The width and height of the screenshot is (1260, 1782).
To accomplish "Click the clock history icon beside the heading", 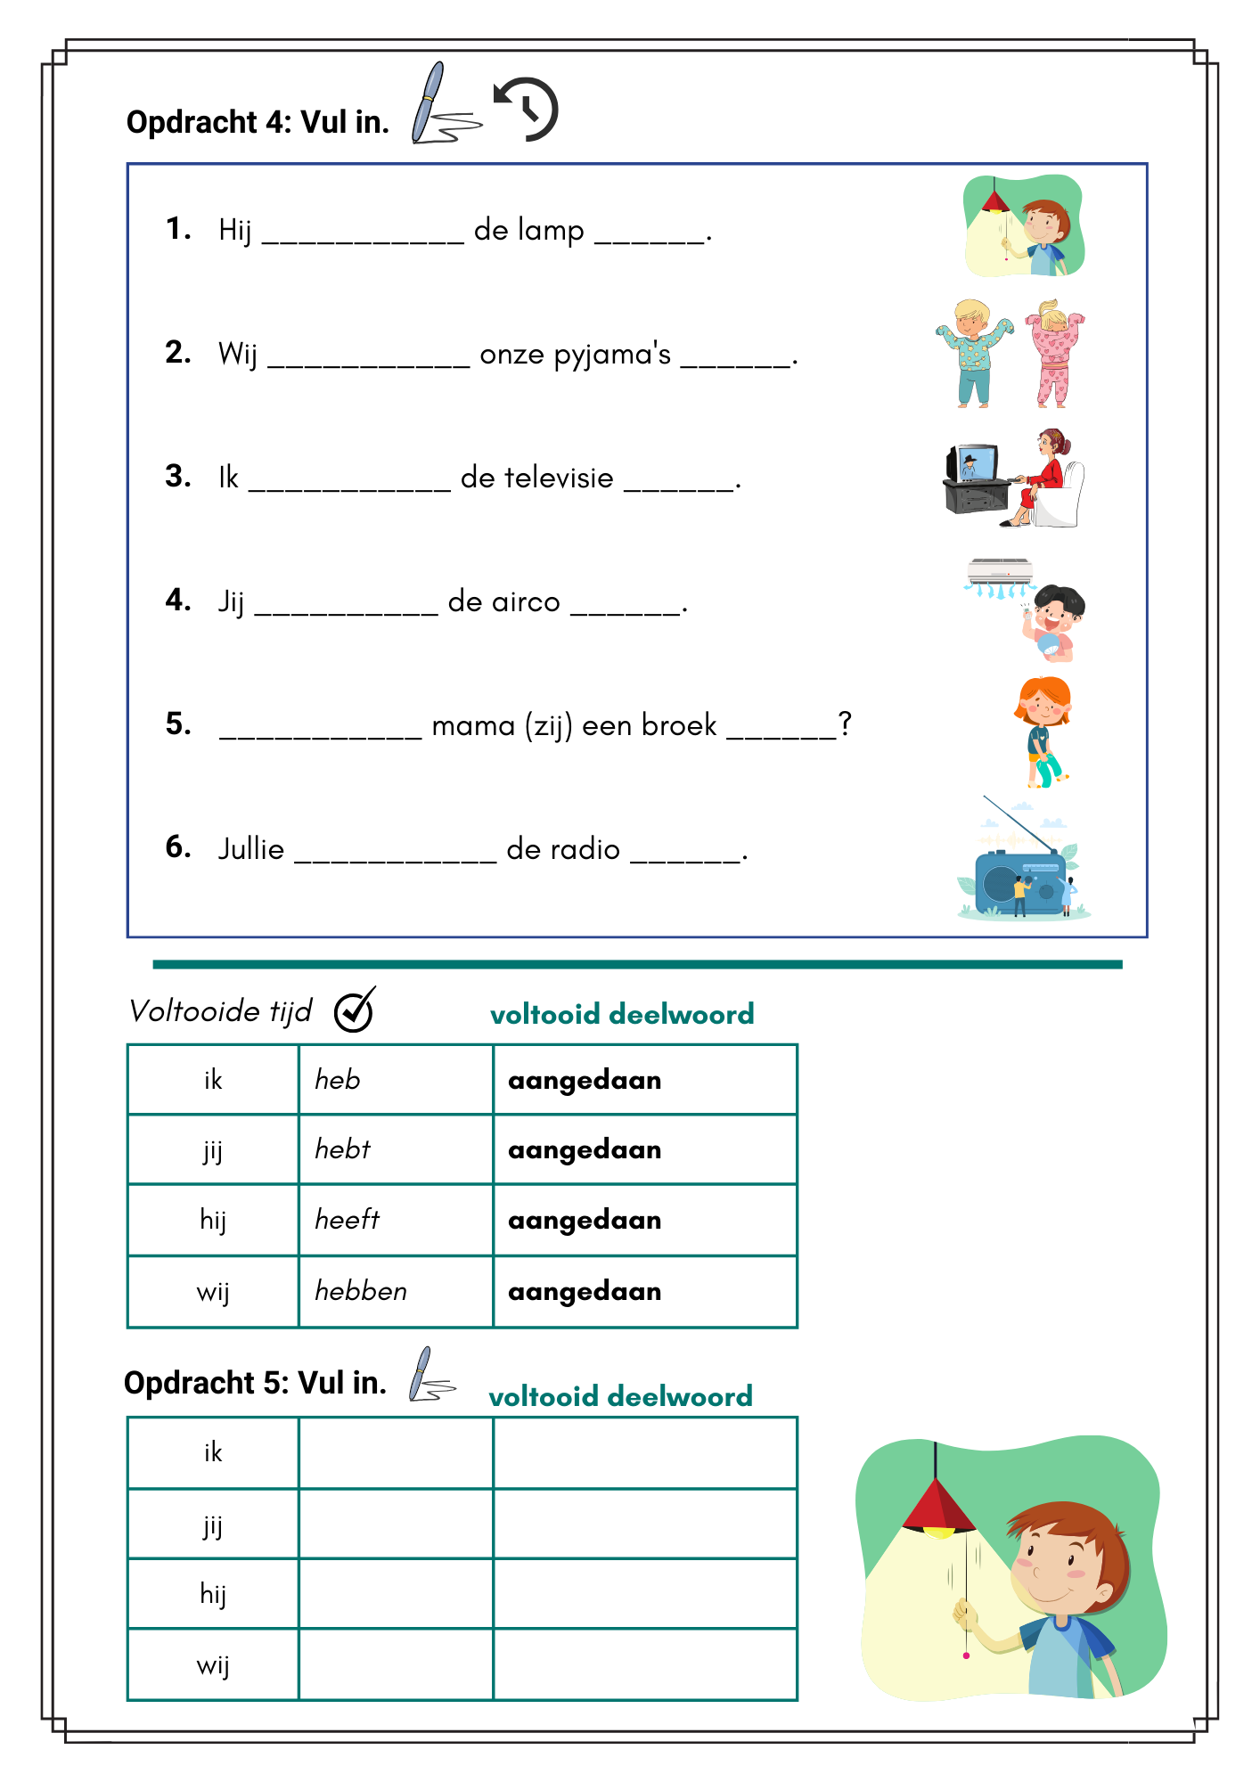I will pyautogui.click(x=527, y=110).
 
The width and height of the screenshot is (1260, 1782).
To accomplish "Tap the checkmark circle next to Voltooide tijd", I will pyautogui.click(x=355, y=1010).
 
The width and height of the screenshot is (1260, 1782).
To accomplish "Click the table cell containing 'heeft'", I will pyautogui.click(x=396, y=1220).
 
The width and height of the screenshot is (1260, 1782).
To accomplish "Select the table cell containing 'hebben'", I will pyautogui.click(x=396, y=1291).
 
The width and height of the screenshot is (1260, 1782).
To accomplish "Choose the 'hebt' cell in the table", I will pyautogui.click(x=396, y=1149).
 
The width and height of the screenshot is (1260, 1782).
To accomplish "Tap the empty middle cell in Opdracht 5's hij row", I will pyautogui.click(x=396, y=1593).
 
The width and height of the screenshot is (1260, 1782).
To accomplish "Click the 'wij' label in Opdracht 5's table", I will pyautogui.click(x=213, y=1664).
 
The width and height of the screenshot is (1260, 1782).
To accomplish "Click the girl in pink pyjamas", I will pyautogui.click(x=1054, y=354).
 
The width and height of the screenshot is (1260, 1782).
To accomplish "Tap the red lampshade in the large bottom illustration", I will pyautogui.click(x=937, y=1507).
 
